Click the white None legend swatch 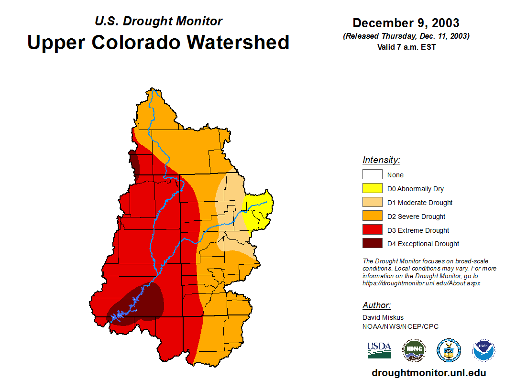coord(372,175)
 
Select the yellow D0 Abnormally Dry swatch coord(372,189)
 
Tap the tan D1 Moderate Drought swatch coord(372,203)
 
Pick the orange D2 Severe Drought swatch coord(372,217)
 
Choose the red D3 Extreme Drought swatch coord(372,230)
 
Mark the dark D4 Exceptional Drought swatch coord(372,244)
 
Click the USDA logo coord(379,350)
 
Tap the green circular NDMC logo coord(414,350)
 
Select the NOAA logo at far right coord(483,350)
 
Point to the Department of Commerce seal coord(449,350)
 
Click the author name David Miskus coord(383,317)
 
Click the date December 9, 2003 coord(406,23)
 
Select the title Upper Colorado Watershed coord(158,42)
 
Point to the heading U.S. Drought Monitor coord(158,21)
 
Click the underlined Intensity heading coord(381,160)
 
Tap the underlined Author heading coord(376,305)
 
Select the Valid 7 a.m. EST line coord(406,47)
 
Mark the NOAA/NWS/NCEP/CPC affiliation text coord(400,326)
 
